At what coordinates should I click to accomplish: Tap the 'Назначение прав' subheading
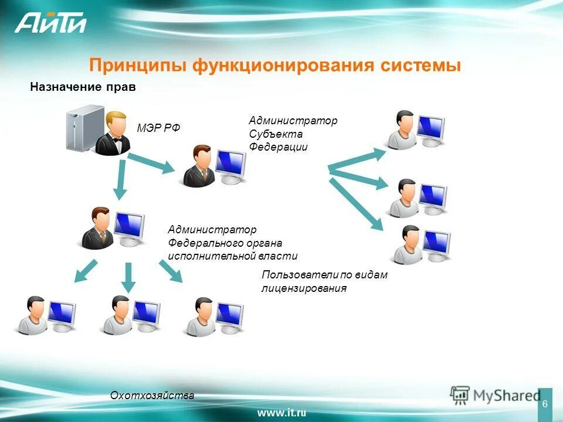(83, 87)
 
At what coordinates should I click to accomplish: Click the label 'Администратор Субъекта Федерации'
(293, 134)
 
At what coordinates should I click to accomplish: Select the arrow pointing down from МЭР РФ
(121, 179)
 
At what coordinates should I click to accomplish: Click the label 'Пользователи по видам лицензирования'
(324, 281)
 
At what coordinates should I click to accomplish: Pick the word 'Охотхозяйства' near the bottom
(152, 396)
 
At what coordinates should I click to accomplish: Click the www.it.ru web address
(281, 413)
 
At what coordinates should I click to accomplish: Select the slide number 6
(545, 404)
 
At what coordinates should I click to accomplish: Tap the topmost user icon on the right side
(415, 130)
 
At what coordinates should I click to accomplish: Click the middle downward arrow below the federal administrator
(129, 277)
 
